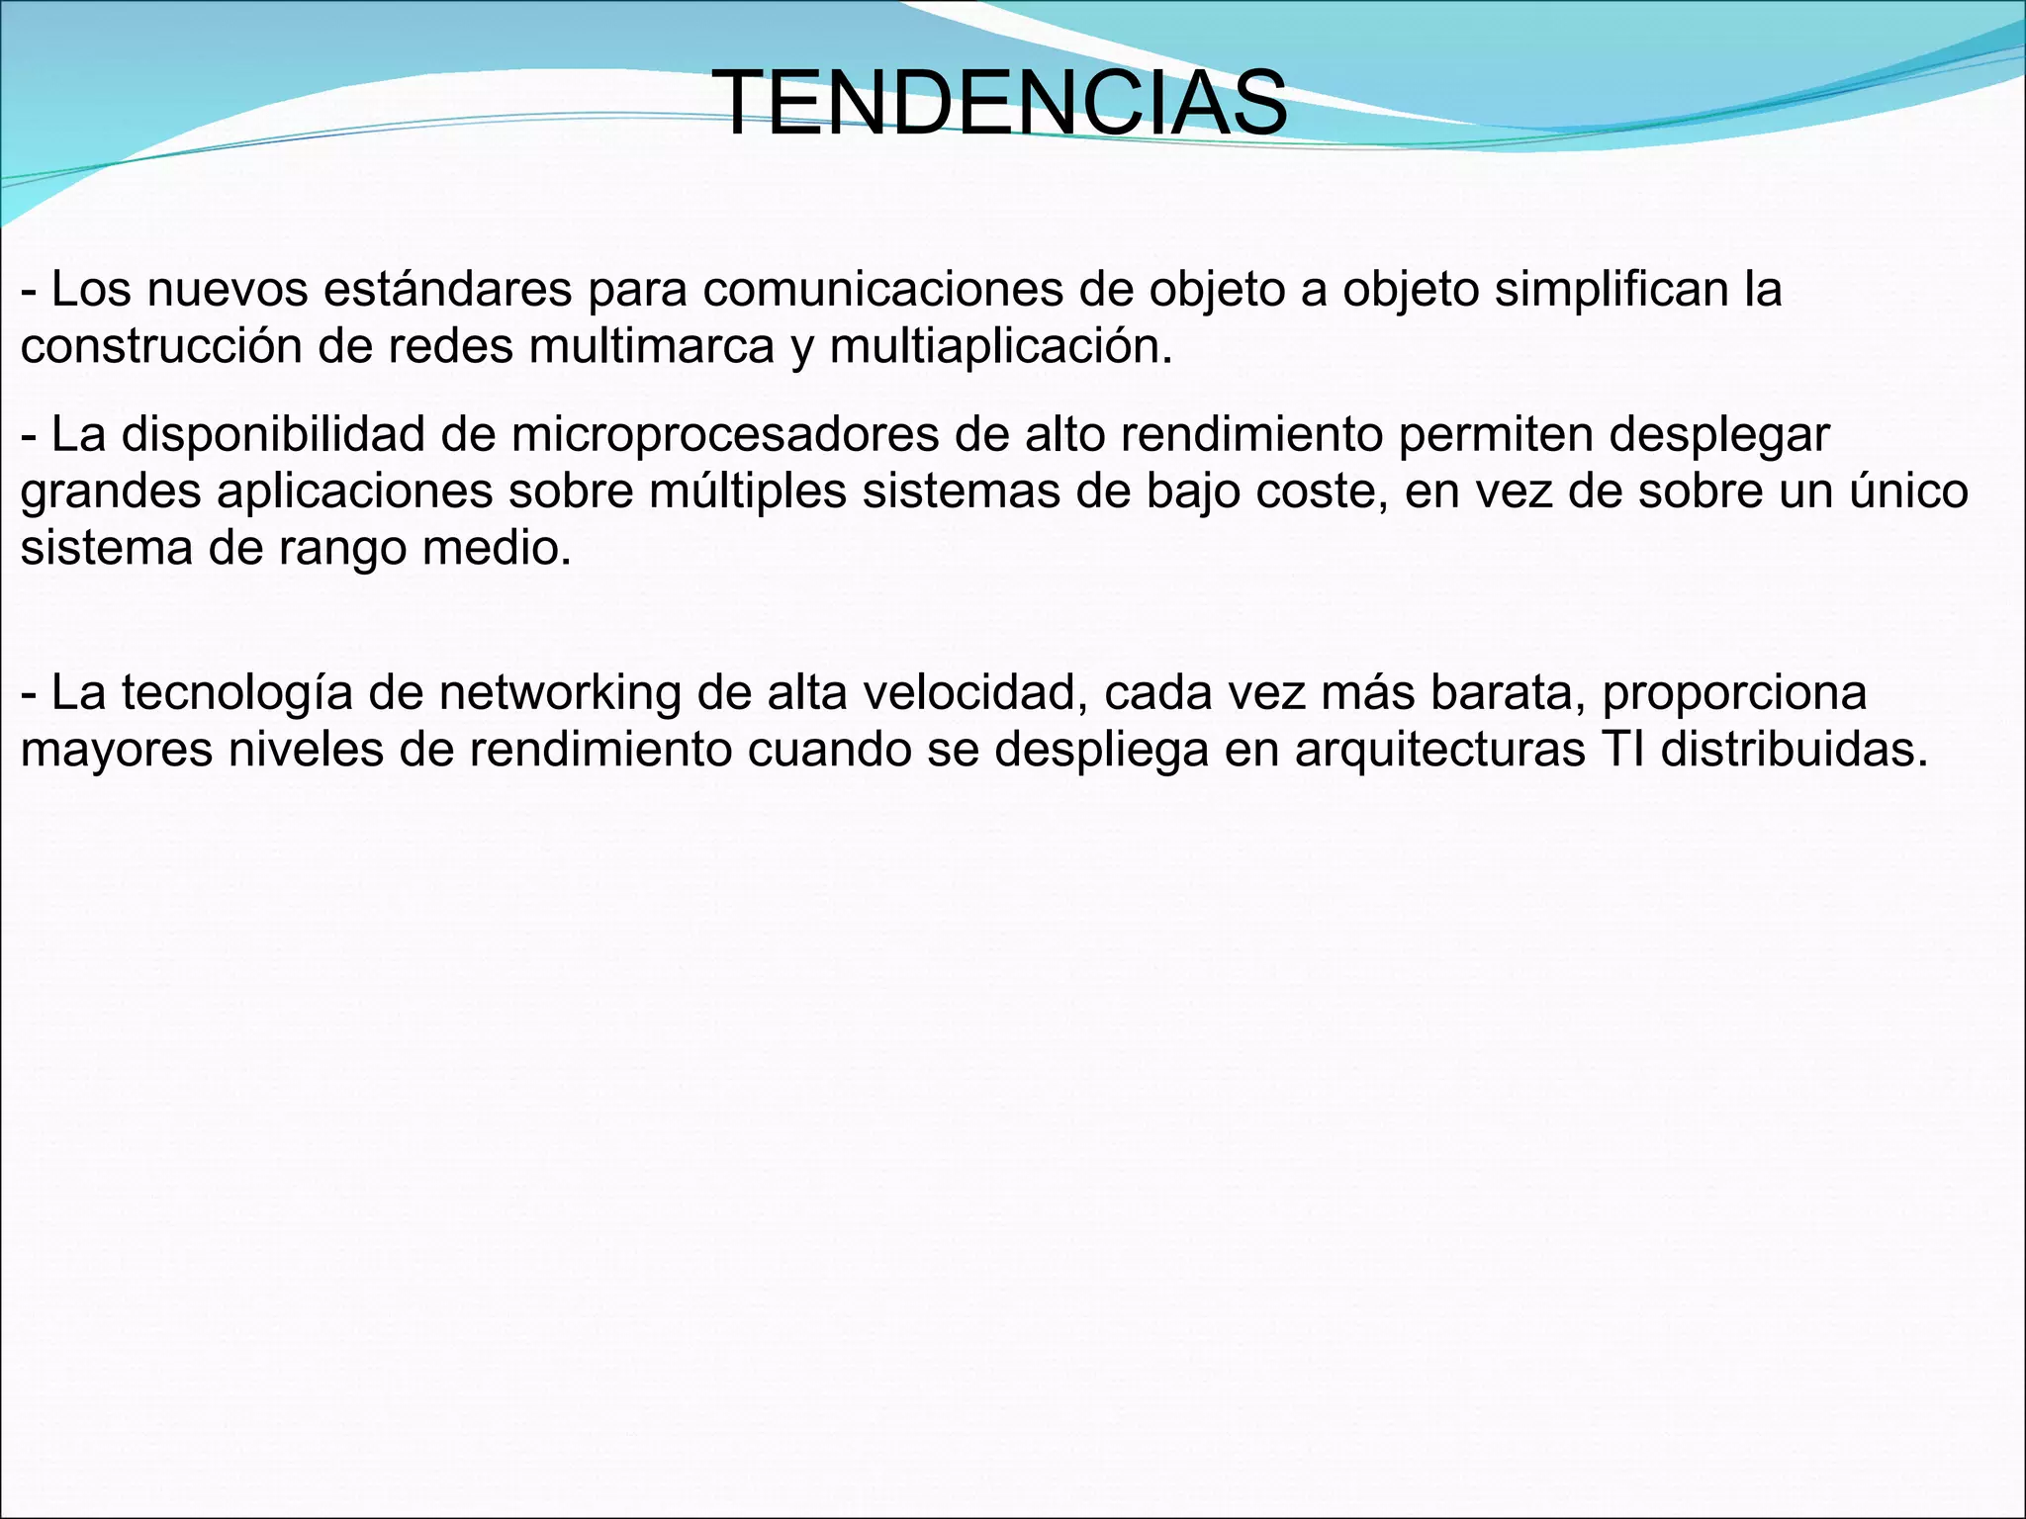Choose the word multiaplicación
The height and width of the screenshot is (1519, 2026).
click(x=1000, y=346)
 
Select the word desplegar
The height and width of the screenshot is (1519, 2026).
click(x=1719, y=434)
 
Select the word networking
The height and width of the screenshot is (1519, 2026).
click(x=560, y=692)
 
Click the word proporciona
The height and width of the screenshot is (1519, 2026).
click(x=1734, y=692)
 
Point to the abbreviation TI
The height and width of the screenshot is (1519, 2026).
click(x=1622, y=750)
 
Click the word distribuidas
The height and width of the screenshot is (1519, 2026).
click(x=1795, y=750)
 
